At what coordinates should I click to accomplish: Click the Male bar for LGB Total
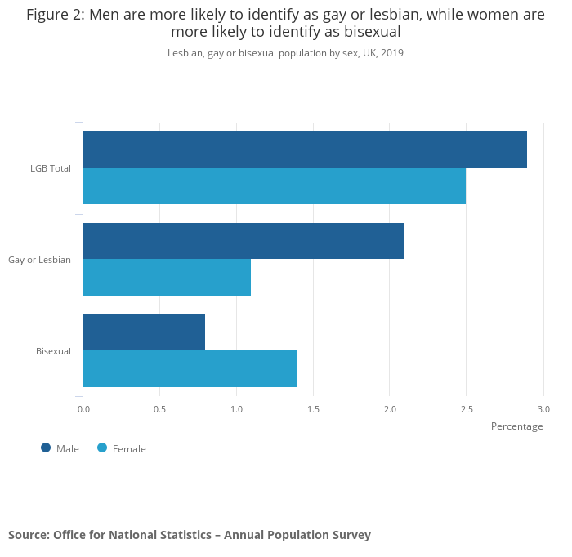pyautogui.click(x=305, y=149)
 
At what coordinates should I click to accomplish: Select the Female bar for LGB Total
pyautogui.click(x=275, y=186)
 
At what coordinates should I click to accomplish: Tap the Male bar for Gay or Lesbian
pyautogui.click(x=244, y=241)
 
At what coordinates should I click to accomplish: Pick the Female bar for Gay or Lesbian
pyautogui.click(x=167, y=277)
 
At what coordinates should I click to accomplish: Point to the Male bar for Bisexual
pyautogui.click(x=144, y=332)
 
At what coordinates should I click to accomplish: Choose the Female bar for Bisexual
pyautogui.click(x=190, y=368)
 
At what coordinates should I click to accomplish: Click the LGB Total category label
pyautogui.click(x=51, y=168)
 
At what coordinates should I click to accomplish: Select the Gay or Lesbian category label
pyautogui.click(x=40, y=260)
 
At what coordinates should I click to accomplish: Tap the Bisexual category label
pyautogui.click(x=53, y=351)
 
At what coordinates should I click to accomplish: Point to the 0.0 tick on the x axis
pyautogui.click(x=83, y=409)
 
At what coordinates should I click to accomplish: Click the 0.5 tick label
pyautogui.click(x=159, y=409)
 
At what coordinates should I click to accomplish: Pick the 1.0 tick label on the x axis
pyautogui.click(x=236, y=409)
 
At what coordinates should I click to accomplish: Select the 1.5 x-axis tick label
pyautogui.click(x=313, y=409)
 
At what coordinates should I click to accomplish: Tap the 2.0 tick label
pyautogui.click(x=390, y=409)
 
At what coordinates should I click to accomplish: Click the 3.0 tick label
pyautogui.click(x=543, y=409)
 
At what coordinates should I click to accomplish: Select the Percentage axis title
pyautogui.click(x=516, y=426)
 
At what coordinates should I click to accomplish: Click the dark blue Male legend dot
pyautogui.click(x=46, y=448)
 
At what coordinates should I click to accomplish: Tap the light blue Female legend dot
pyautogui.click(x=102, y=448)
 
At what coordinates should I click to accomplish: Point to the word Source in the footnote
pyautogui.click(x=28, y=535)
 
